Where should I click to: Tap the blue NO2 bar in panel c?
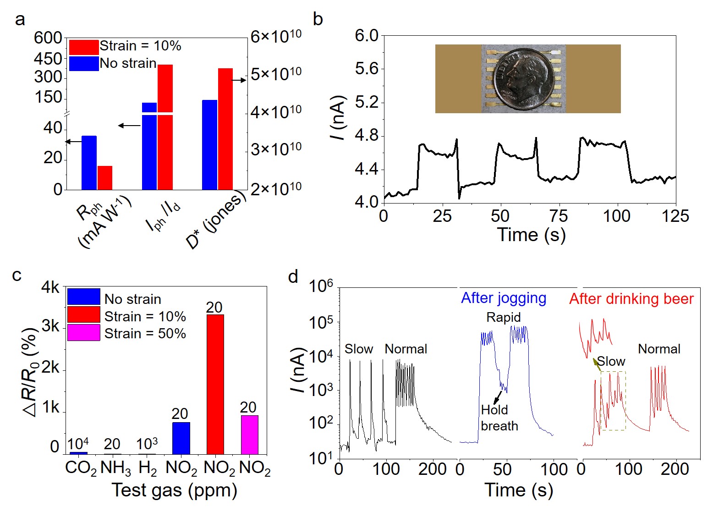coord(181,438)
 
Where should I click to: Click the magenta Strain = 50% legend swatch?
coord(83,333)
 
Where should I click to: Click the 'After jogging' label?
coord(503,298)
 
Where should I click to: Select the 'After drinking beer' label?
coord(631,299)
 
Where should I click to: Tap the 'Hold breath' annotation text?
coord(499,418)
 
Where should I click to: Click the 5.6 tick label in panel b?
coord(367,69)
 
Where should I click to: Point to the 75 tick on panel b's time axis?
coord(559,216)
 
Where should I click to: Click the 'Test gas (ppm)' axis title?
coord(174,490)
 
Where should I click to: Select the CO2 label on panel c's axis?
coord(81,468)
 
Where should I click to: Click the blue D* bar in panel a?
coord(209,145)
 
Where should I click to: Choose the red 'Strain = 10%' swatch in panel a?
coord(84,47)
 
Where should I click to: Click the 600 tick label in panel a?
coord(48,38)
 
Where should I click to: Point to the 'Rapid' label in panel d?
coord(503,317)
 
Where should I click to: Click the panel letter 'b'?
coord(318,20)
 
